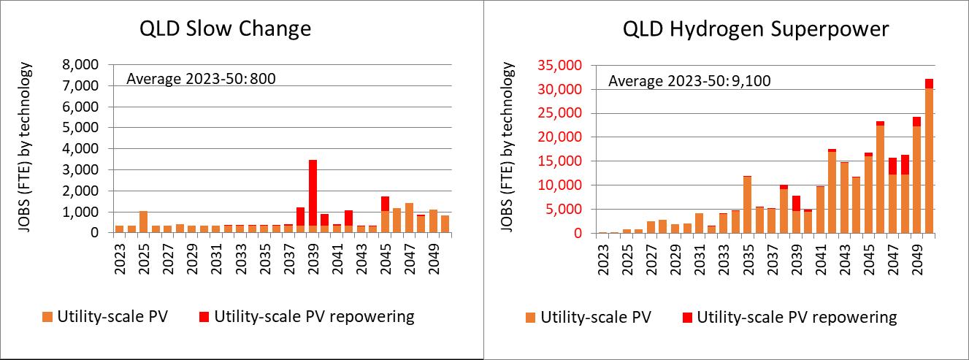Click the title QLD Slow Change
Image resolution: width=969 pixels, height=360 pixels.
click(x=225, y=29)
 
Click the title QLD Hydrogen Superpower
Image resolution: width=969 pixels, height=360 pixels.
click(x=756, y=30)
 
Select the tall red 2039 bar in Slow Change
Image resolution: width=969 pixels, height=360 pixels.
click(x=313, y=193)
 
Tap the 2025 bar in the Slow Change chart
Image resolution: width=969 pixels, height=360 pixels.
click(x=144, y=222)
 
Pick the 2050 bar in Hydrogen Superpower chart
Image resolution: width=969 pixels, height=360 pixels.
click(x=929, y=156)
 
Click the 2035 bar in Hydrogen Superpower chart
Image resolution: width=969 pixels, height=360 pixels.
click(x=747, y=204)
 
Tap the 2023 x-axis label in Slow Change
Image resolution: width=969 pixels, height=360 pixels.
click(x=120, y=258)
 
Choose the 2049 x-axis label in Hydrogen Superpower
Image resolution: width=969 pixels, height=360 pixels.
click(x=917, y=258)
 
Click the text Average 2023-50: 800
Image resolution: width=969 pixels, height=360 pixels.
click(x=201, y=79)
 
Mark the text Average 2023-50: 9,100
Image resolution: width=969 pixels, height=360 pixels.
click(x=689, y=81)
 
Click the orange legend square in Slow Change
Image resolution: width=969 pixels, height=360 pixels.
click(x=47, y=317)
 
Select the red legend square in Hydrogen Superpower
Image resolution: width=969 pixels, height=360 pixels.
click(x=687, y=318)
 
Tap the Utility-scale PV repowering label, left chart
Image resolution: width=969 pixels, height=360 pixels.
click(x=315, y=317)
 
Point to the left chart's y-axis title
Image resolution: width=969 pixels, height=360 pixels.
click(x=25, y=147)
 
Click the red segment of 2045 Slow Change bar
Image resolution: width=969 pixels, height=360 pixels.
click(x=385, y=204)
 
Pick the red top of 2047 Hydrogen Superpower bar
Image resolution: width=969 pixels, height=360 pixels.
click(x=893, y=166)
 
